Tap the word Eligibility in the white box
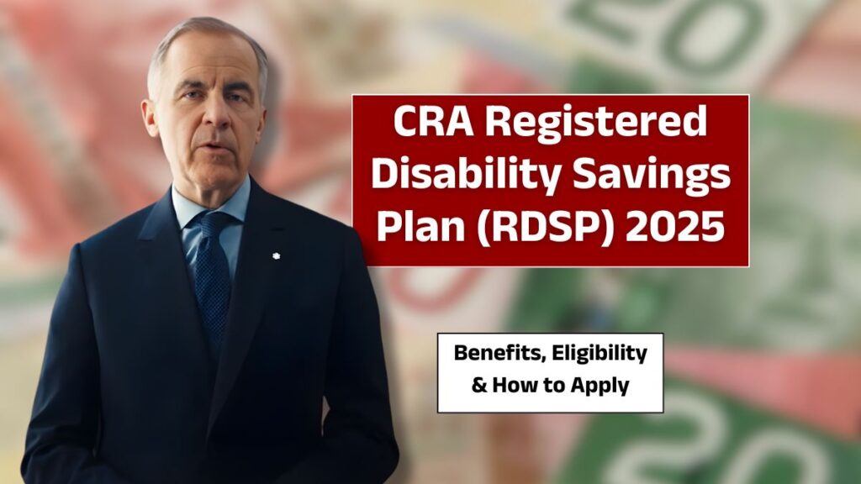coord(599,354)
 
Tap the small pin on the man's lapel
coord(275,255)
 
